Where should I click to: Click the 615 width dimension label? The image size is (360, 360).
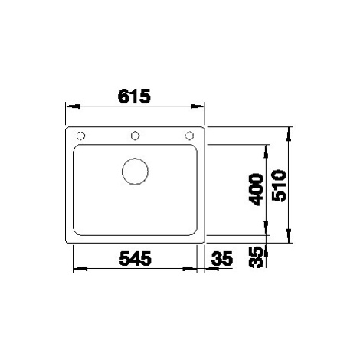click(134, 96)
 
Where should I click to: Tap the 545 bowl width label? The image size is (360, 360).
click(135, 258)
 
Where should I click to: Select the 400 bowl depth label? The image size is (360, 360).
click(256, 189)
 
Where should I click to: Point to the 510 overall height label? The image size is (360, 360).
click(279, 185)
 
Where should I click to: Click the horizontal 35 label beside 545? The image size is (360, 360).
click(222, 258)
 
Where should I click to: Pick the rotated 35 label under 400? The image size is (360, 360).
click(256, 257)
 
